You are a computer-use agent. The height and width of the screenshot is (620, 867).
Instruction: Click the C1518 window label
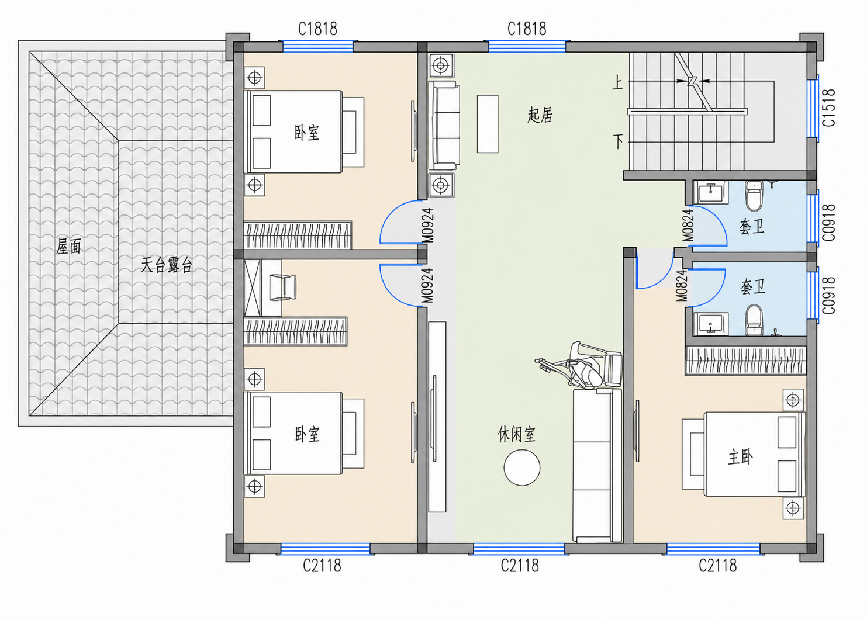coord(828,108)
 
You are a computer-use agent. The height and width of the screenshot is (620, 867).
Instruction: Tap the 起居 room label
coord(540,115)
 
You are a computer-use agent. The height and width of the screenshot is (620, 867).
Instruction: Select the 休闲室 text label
coord(516,434)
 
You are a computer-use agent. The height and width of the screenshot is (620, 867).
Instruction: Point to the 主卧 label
coord(740,457)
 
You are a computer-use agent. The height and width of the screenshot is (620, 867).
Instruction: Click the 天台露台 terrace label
coord(166,265)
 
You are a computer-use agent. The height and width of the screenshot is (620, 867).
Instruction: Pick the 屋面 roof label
coord(68,246)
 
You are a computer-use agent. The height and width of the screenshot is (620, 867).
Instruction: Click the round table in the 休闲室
coord(521,467)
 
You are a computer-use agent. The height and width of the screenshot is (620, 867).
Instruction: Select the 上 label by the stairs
coord(617,82)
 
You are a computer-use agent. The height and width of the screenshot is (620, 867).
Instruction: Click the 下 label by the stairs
coord(618,141)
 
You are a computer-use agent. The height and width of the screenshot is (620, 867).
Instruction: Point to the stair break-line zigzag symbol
coord(693,81)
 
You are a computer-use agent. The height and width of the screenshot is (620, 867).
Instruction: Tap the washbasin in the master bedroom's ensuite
coord(711,324)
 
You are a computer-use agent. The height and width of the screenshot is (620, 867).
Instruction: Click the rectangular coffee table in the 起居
coord(488,124)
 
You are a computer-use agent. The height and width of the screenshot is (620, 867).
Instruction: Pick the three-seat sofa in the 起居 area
coord(444,125)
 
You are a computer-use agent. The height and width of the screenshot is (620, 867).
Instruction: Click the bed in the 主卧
coord(754,455)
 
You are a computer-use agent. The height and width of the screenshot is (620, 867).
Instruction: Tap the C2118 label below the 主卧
coord(717,566)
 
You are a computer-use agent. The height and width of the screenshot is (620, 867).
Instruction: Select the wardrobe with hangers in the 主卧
coord(746,361)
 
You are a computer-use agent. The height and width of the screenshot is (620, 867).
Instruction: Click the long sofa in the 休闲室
coord(597,466)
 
